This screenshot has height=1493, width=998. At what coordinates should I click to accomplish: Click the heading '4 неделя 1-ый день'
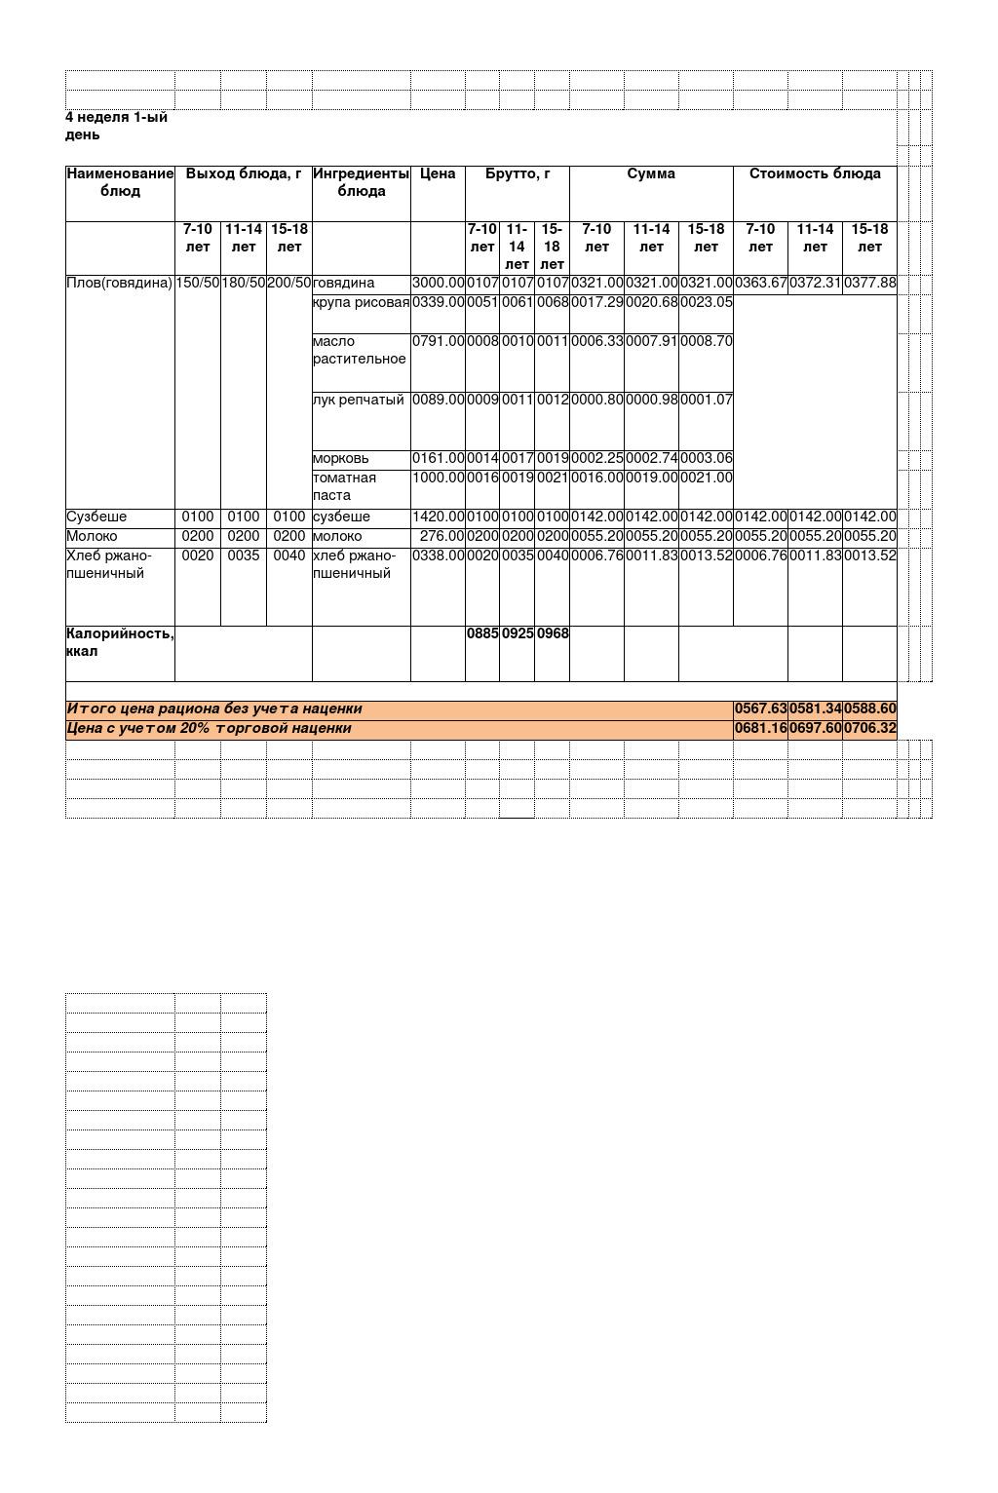pos(116,126)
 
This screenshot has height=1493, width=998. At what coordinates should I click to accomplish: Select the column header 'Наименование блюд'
pos(120,182)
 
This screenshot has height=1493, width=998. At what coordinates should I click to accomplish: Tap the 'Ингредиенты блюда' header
pos(361,182)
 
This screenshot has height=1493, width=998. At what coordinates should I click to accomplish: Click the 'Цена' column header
pos(438,174)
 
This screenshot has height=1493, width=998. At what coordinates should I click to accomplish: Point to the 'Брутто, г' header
pos(518,174)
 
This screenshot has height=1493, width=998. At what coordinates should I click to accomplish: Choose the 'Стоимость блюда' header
pos(815,174)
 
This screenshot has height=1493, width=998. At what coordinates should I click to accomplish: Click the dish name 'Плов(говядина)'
pos(119,284)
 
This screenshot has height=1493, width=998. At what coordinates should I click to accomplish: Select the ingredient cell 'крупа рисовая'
pos(361,303)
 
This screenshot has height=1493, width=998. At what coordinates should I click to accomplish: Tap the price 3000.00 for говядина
pos(438,284)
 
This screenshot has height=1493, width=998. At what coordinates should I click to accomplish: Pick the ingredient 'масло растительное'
pos(359,351)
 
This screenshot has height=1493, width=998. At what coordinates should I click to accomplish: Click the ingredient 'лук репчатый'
pos(358,401)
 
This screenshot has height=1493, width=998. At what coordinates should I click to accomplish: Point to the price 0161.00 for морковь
pos(438,459)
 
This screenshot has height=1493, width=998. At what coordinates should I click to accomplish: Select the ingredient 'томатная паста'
pos(344,486)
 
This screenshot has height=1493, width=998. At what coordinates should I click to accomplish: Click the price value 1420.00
pos(438,517)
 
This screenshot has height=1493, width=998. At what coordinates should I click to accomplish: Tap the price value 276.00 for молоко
pos(441,537)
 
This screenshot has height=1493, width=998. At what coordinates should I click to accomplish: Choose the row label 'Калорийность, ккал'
pos(119,643)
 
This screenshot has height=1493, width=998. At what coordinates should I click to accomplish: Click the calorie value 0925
pos(518,634)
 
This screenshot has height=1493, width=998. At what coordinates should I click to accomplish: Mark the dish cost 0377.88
pos(869,284)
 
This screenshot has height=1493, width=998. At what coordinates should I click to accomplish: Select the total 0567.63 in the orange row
pos(760,709)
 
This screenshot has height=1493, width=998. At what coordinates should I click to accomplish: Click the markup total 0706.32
pos(869,729)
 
